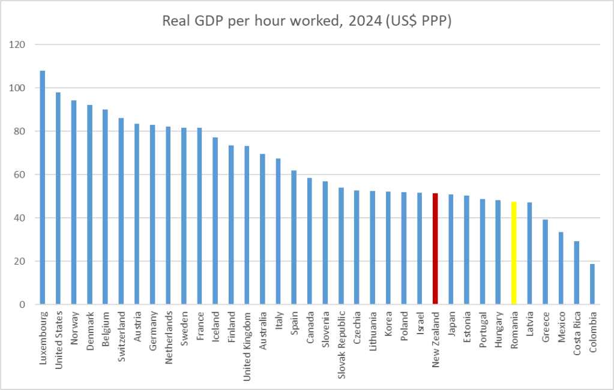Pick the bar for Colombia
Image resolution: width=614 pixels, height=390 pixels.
(592, 284)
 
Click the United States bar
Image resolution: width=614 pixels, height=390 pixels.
(58, 199)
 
